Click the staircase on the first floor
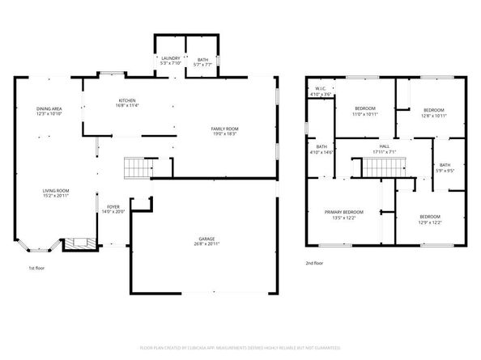pyautogui.click(x=137, y=168)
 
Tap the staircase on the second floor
pyautogui.click(x=378, y=167)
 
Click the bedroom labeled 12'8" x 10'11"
pyautogui.click(x=434, y=112)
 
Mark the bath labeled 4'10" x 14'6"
pyautogui.click(x=321, y=150)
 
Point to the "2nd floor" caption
pyautogui.click(x=314, y=263)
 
